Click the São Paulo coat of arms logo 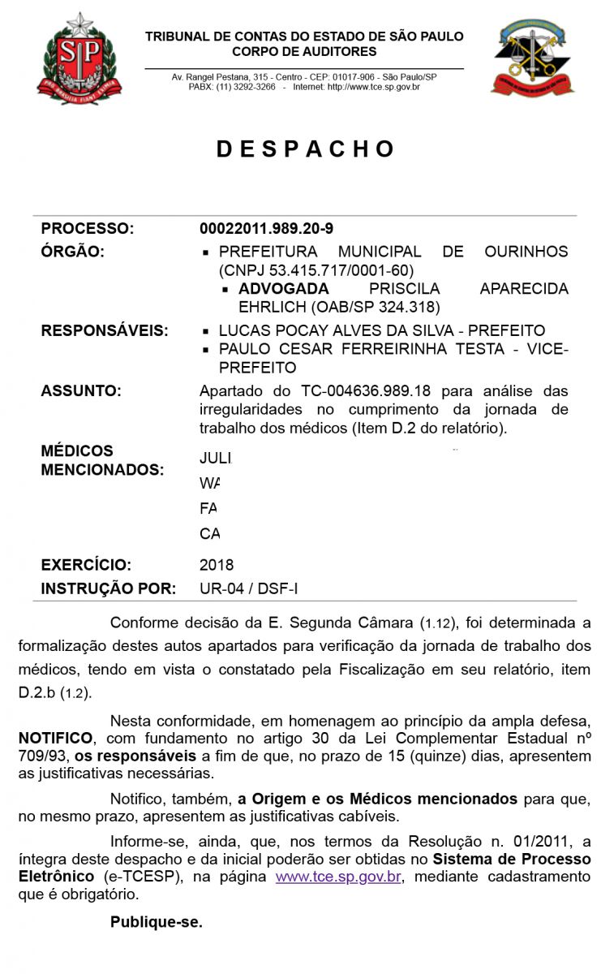pyautogui.click(x=79, y=58)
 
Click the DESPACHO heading pyautogui.click(x=306, y=149)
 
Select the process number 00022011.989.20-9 pyautogui.click(x=266, y=229)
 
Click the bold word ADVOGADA pyautogui.click(x=284, y=289)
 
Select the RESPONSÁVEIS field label pyautogui.click(x=105, y=331)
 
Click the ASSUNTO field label pyautogui.click(x=81, y=391)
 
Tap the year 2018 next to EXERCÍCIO pyautogui.click(x=217, y=565)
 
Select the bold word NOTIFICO pyautogui.click(x=56, y=739)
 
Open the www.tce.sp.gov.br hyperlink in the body pyautogui.click(x=338, y=877)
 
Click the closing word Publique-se pyautogui.click(x=157, y=922)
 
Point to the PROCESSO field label pyautogui.click(x=87, y=229)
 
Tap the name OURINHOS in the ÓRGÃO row pyautogui.click(x=526, y=252)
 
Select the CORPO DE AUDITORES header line pyautogui.click(x=304, y=52)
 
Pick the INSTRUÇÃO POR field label pyautogui.click(x=108, y=588)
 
